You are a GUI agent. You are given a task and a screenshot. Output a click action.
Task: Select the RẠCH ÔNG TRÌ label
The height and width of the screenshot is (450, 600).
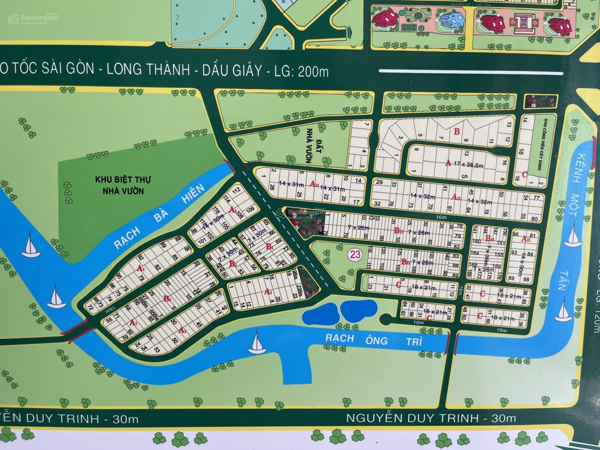coord(373,340)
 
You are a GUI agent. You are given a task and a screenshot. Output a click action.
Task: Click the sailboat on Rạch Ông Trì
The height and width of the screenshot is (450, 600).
coord(258,343)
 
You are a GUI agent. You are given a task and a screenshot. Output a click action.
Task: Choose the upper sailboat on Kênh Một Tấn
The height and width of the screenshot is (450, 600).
coord(573,236)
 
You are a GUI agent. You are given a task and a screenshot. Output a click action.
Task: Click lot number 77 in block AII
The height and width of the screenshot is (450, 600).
coord(536,198)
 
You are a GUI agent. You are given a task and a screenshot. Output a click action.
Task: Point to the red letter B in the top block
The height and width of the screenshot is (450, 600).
coord(456,132)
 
